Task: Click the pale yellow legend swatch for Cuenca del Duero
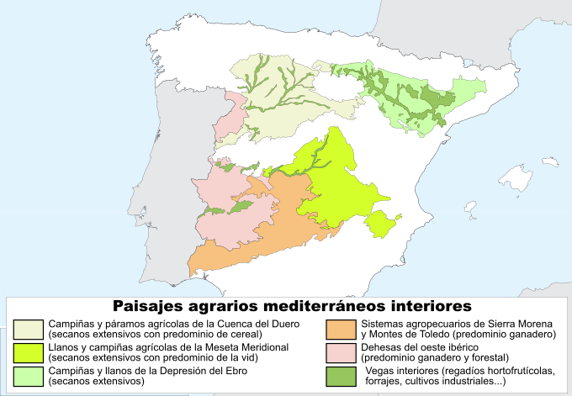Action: click(29, 328)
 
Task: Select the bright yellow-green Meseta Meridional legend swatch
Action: click(29, 351)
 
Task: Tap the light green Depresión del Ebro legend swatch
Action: click(29, 375)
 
